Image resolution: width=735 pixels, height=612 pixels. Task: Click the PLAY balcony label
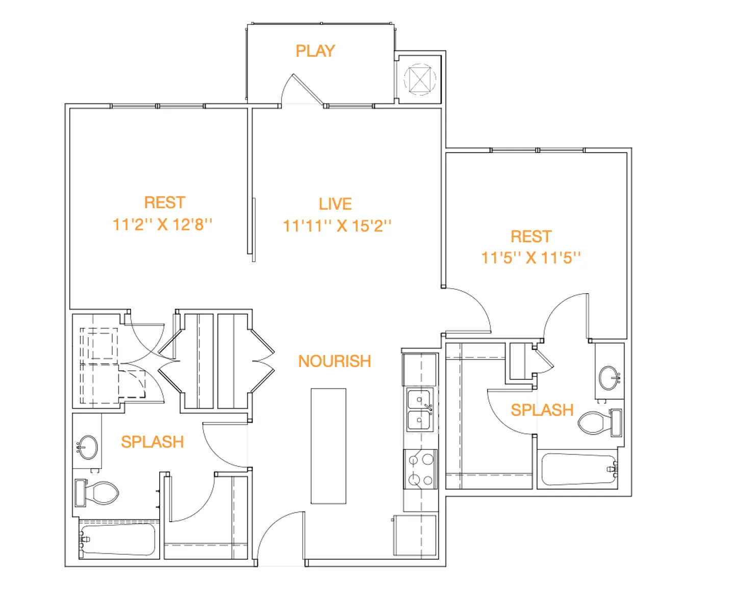(x=315, y=51)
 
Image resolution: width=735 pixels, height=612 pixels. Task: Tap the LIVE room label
(x=335, y=204)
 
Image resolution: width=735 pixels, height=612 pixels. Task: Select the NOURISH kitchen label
(x=335, y=361)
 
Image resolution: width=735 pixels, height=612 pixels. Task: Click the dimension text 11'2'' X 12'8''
(x=162, y=224)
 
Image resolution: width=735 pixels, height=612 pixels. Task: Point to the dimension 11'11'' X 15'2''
(x=337, y=226)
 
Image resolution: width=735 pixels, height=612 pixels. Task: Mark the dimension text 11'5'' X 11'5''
(x=530, y=258)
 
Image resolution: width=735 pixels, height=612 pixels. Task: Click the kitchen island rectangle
(x=328, y=446)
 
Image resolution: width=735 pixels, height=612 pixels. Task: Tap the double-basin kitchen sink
(x=419, y=410)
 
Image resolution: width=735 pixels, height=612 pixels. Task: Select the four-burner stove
(x=420, y=470)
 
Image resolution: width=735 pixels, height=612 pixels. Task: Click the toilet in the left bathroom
(x=96, y=493)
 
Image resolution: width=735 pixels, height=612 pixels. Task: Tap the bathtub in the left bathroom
(x=117, y=539)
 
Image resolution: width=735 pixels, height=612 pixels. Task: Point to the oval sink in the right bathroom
(x=610, y=378)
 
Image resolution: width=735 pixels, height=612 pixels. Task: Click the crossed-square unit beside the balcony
(x=420, y=79)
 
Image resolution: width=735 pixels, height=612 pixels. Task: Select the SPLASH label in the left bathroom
(x=153, y=442)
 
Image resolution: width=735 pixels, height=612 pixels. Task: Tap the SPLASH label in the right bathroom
(x=542, y=410)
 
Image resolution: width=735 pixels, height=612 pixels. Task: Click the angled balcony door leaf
(x=308, y=90)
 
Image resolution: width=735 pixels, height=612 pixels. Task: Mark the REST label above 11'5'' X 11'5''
(x=531, y=237)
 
